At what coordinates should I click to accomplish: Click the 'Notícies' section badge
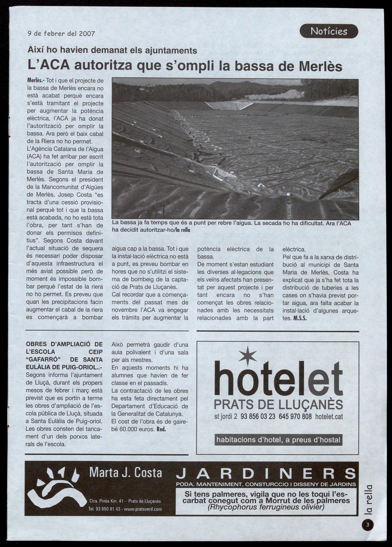tap(329, 31)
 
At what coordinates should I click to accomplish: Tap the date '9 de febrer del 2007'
tap(61, 33)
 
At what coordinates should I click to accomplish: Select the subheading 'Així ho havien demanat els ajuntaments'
tap(112, 50)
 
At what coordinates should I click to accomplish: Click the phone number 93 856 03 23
tap(258, 417)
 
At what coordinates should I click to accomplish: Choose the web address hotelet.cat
tap(329, 417)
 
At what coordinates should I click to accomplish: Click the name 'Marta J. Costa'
tap(125, 473)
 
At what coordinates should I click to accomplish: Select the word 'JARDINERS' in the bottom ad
tap(266, 474)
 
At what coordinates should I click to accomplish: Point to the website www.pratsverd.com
tap(143, 509)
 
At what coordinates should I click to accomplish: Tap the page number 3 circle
tap(368, 525)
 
